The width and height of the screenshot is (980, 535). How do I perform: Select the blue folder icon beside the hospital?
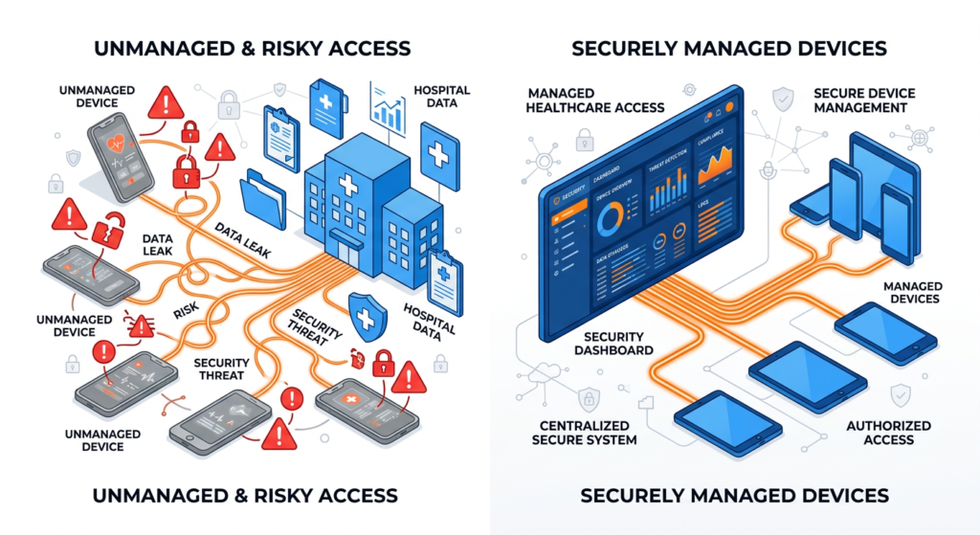pyautogui.click(x=265, y=200)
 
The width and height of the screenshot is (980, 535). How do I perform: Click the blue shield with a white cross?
pyautogui.click(x=365, y=310)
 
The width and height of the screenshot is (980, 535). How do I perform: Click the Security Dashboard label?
pyautogui.click(x=618, y=344)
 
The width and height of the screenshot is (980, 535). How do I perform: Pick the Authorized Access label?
pyautogui.click(x=888, y=433)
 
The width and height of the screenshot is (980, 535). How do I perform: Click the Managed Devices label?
pyautogui.click(x=912, y=293)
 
